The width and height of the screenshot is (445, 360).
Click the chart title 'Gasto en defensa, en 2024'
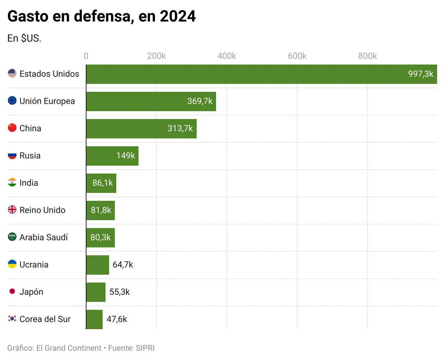click(x=102, y=16)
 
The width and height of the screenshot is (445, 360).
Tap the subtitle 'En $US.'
click(x=24, y=38)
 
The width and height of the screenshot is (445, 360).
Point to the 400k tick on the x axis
click(x=226, y=56)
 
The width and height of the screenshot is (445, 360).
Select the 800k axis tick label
click(x=367, y=56)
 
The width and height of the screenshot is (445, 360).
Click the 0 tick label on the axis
click(x=86, y=56)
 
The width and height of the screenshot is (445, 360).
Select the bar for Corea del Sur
click(x=94, y=319)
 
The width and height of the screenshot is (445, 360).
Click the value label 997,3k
click(x=421, y=74)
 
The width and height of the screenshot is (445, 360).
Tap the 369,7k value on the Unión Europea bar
click(x=200, y=101)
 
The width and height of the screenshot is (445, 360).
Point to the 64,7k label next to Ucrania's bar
click(x=123, y=265)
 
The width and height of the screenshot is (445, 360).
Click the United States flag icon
click(x=12, y=74)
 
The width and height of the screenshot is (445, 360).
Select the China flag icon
click(x=12, y=128)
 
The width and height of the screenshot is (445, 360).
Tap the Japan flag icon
click(x=12, y=291)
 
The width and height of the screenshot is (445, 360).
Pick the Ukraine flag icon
click(x=12, y=264)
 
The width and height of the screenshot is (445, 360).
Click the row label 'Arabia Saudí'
click(x=43, y=237)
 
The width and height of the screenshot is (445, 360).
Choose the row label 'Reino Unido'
click(x=42, y=210)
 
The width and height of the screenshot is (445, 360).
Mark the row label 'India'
click(x=29, y=183)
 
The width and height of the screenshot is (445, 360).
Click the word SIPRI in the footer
click(x=145, y=348)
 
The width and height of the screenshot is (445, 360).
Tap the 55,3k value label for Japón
click(x=120, y=292)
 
